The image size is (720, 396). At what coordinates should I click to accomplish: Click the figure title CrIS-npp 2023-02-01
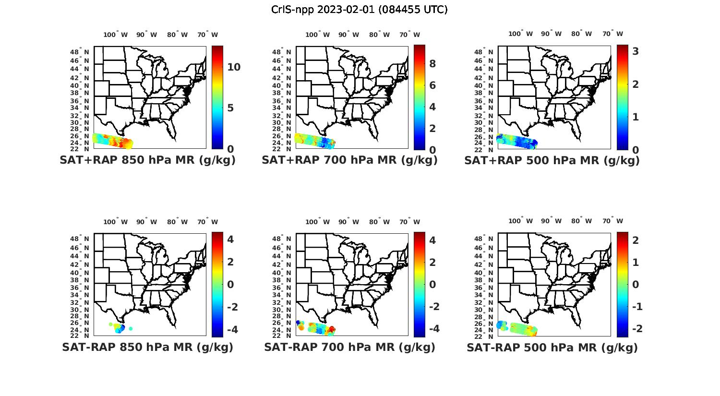[x=359, y=10]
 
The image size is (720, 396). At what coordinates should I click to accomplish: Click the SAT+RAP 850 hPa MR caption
[x=147, y=160]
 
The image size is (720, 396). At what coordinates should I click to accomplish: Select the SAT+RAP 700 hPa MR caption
[x=349, y=160]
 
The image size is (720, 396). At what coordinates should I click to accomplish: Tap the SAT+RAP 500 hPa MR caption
[x=552, y=160]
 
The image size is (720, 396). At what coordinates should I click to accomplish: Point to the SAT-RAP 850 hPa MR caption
[x=147, y=347]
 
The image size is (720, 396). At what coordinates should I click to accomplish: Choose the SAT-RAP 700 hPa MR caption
[x=349, y=347]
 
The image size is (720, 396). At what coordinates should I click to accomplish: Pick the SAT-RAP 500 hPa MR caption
[x=552, y=347]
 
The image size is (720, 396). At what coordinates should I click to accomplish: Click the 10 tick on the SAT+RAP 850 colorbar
[x=234, y=67]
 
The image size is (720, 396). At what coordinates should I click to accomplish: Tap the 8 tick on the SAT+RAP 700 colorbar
[x=432, y=64]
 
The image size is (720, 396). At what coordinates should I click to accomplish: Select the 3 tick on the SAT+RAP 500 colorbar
[x=636, y=51]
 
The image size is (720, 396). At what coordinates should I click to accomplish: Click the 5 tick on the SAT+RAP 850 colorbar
[x=230, y=108]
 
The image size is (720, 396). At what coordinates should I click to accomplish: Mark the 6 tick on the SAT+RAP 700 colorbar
[x=432, y=85]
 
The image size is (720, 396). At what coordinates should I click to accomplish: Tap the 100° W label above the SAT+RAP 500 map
[x=520, y=34]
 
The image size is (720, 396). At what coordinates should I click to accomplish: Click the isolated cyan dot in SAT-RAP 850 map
[x=131, y=328]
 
